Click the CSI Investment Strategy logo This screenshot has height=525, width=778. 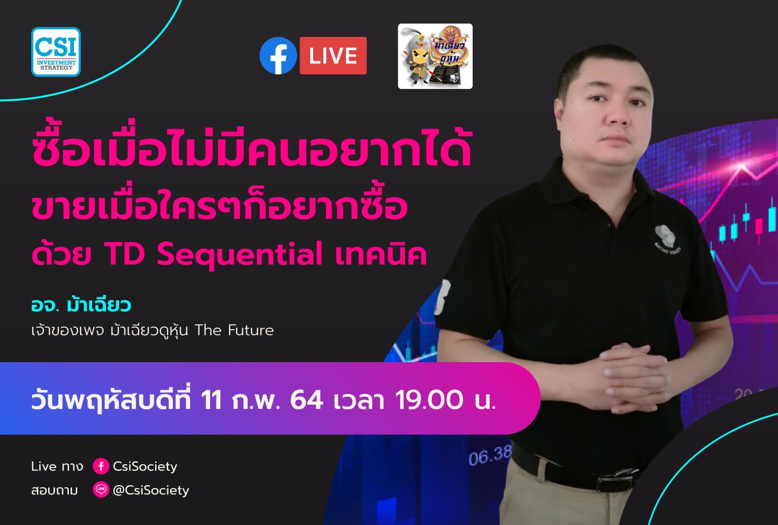pyautogui.click(x=56, y=52)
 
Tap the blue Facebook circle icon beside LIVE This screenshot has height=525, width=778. pyautogui.click(x=278, y=56)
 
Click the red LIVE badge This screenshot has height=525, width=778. pyautogui.click(x=333, y=56)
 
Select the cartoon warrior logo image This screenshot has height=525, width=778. pyautogui.click(x=435, y=56)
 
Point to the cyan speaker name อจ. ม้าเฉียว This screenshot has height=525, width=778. pyautogui.click(x=81, y=305)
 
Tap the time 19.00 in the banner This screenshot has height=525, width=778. pyautogui.click(x=429, y=401)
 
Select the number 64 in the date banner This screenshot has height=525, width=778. pyautogui.click(x=306, y=401)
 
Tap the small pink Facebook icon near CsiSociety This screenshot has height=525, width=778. pyautogui.click(x=101, y=466)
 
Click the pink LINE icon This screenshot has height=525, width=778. pyautogui.click(x=101, y=490)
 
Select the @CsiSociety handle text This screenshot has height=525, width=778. pyautogui.click(x=151, y=490)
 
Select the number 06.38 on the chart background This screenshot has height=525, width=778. pyautogui.click(x=490, y=455)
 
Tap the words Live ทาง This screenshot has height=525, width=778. pyautogui.click(x=57, y=467)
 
